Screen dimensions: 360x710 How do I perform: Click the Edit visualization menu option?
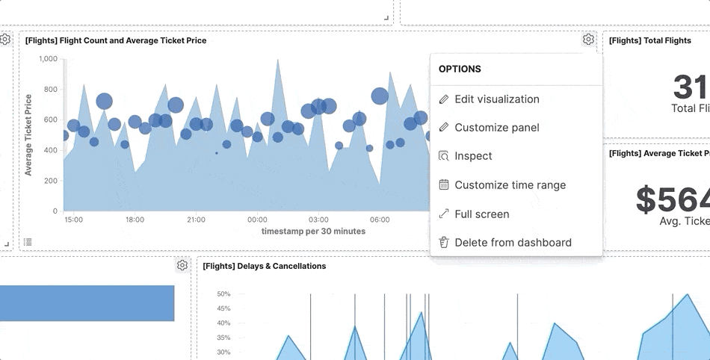[x=496, y=99]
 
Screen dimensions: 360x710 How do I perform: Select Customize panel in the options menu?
[x=496, y=128]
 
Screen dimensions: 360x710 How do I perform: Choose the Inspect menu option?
[x=473, y=156]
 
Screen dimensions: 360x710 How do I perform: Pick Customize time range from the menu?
[x=510, y=185]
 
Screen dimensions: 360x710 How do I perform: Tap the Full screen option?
[x=481, y=214]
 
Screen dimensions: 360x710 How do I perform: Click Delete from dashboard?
[x=513, y=243]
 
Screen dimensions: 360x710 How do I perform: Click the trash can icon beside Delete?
[x=443, y=242]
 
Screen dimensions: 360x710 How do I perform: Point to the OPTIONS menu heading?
[x=460, y=69]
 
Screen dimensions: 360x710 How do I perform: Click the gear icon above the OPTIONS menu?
[x=588, y=40]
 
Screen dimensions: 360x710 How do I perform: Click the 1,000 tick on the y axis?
[x=48, y=59]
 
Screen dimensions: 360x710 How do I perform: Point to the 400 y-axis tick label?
[x=50, y=150]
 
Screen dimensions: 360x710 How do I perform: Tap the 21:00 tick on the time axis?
[x=196, y=220]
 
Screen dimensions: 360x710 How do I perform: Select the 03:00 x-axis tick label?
[x=318, y=220]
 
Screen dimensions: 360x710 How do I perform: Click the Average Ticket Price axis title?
[x=28, y=134]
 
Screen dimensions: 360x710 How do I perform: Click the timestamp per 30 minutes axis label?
[x=313, y=232]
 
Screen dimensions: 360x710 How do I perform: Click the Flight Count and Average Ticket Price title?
[x=116, y=40]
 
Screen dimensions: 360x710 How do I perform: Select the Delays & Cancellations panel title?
[x=264, y=266]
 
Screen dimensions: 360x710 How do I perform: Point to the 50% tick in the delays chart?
[x=223, y=294]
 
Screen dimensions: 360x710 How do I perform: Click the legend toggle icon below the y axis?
[x=28, y=241]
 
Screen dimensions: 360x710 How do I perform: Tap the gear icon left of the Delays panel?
[x=182, y=265]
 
